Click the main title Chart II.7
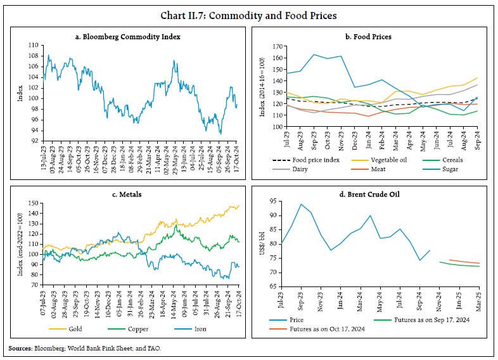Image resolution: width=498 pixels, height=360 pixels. coord(248,13)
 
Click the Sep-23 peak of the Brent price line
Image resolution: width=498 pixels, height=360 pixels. coord(300,204)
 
